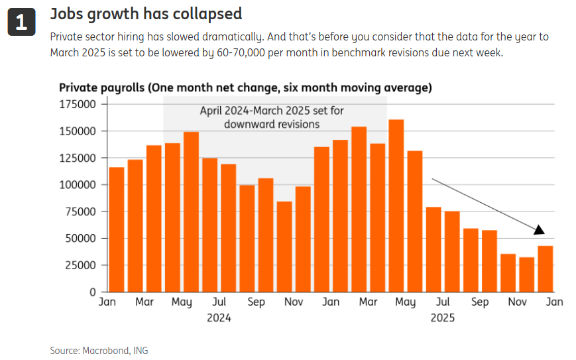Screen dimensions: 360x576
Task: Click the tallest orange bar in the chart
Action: [x=396, y=206]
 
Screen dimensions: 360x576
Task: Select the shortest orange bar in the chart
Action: [x=527, y=274]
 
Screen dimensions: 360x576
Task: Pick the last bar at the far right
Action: [x=546, y=269]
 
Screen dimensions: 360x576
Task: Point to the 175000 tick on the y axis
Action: [x=78, y=104]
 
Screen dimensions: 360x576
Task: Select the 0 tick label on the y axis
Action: [x=93, y=292]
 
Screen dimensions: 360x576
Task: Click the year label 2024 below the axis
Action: [x=219, y=318]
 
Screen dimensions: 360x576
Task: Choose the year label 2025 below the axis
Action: [x=443, y=318]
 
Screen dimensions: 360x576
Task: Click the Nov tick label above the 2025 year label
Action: [x=517, y=302]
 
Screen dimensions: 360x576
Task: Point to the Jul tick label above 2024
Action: [x=219, y=302]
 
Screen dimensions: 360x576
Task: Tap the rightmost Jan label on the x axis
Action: [x=554, y=302]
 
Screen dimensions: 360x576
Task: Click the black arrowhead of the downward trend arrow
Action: [x=539, y=229]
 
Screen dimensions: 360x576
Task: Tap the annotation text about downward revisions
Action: [x=272, y=117]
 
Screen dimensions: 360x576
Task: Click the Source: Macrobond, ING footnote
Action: [x=99, y=350]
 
